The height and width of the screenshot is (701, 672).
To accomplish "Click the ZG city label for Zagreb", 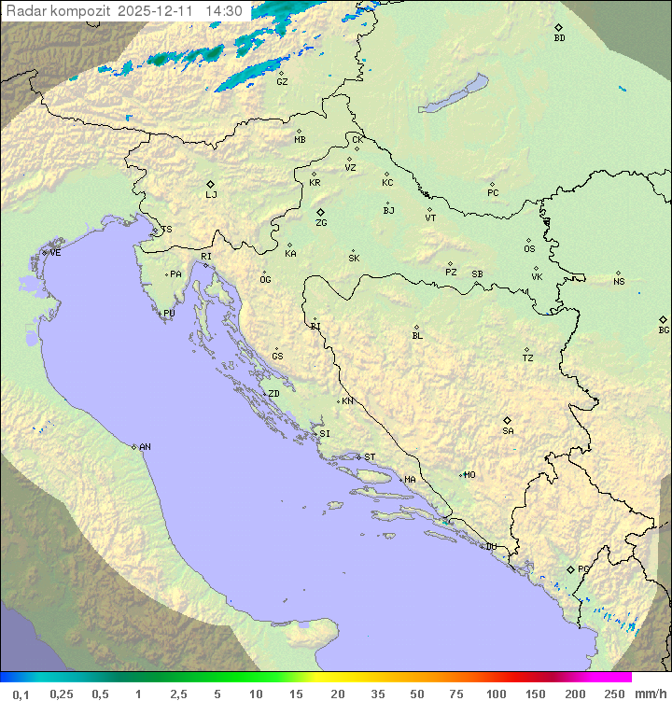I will (x=321, y=223).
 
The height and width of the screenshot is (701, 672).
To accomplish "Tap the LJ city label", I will (x=211, y=195).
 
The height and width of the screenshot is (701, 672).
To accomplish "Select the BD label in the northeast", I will (x=559, y=38).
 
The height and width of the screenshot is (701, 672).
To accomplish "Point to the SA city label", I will (x=508, y=431).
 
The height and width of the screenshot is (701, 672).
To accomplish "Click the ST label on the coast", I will (x=370, y=457).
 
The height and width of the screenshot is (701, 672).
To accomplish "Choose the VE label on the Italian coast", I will (x=55, y=253).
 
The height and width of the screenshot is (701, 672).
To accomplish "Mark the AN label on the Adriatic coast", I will (x=145, y=447).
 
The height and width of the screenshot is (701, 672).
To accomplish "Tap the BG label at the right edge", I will (x=664, y=330).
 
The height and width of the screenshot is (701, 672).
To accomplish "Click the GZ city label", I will (x=282, y=82).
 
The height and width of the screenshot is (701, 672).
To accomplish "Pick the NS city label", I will (x=619, y=282).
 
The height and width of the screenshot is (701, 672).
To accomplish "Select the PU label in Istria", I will (x=169, y=314).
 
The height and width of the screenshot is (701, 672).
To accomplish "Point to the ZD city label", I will (x=273, y=394).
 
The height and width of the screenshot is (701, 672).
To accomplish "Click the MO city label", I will (x=469, y=475).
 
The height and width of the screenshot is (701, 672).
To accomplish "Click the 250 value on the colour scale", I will (x=614, y=694).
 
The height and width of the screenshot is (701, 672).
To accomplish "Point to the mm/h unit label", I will (x=651, y=694).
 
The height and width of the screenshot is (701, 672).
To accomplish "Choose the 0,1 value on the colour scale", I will (x=21, y=694).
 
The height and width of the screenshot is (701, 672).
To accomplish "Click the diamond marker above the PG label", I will (x=571, y=568).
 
